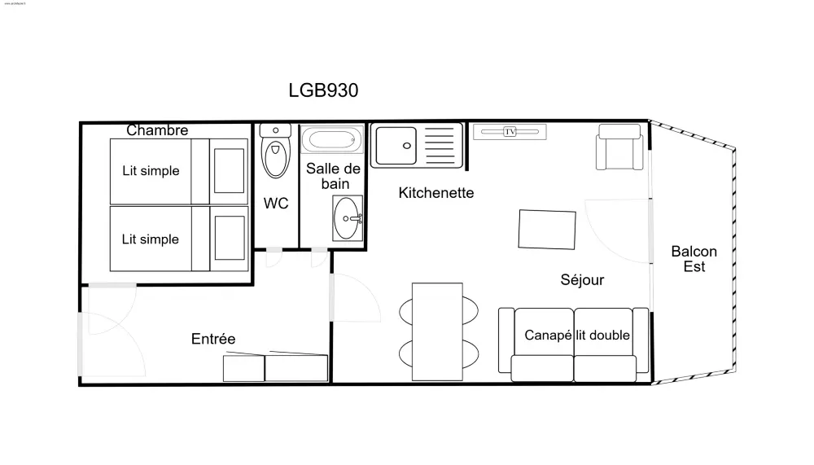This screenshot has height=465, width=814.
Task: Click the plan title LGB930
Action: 323,90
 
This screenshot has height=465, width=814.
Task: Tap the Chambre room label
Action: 157,130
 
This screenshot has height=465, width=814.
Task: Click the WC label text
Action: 276,204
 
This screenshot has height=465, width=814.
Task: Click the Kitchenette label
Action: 435,193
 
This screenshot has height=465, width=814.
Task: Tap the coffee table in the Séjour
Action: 547,229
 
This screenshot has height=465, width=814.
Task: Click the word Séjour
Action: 582,280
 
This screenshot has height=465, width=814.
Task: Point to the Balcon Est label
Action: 694,259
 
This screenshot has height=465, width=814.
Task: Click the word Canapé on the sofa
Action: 548,335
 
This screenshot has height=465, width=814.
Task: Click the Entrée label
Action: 213,339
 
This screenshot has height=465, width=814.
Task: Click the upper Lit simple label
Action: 151,171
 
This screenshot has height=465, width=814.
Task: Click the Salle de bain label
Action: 333,176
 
